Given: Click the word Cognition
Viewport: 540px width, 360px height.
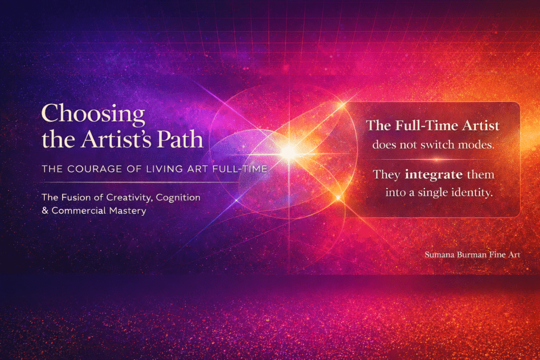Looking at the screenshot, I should (178, 198).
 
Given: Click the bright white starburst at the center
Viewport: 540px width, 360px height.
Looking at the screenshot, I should (288, 152).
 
